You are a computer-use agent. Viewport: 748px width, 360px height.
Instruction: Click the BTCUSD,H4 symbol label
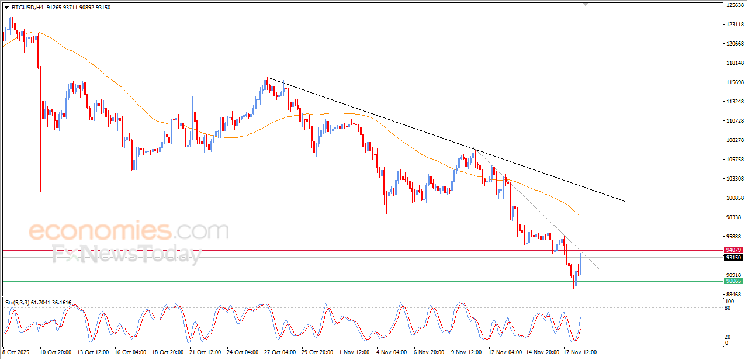(27, 7)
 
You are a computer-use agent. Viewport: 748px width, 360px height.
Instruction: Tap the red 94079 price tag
(733, 250)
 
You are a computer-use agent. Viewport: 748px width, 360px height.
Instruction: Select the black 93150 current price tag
(733, 258)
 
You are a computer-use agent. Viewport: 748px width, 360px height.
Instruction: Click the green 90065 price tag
(733, 281)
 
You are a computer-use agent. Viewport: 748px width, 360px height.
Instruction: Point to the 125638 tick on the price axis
(735, 5)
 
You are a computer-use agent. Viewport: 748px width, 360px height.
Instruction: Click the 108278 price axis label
(735, 140)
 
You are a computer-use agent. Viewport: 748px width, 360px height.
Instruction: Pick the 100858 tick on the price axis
(735, 198)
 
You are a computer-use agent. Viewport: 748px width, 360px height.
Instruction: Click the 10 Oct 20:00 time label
(56, 352)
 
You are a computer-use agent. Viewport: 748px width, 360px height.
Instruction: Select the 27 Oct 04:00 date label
(279, 352)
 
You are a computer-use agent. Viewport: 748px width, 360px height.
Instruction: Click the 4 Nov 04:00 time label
(392, 352)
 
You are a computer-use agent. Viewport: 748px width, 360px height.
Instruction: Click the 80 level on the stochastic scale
(728, 308)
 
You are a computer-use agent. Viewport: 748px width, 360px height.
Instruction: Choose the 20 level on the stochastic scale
(728, 337)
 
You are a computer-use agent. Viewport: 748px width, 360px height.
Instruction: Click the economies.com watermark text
(129, 231)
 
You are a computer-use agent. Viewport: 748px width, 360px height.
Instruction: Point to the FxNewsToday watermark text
(126, 255)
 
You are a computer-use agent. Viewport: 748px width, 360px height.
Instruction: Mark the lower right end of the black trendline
(624, 201)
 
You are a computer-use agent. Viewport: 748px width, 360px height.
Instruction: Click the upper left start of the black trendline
(267, 78)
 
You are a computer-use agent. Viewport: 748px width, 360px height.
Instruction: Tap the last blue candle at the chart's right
(580, 264)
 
